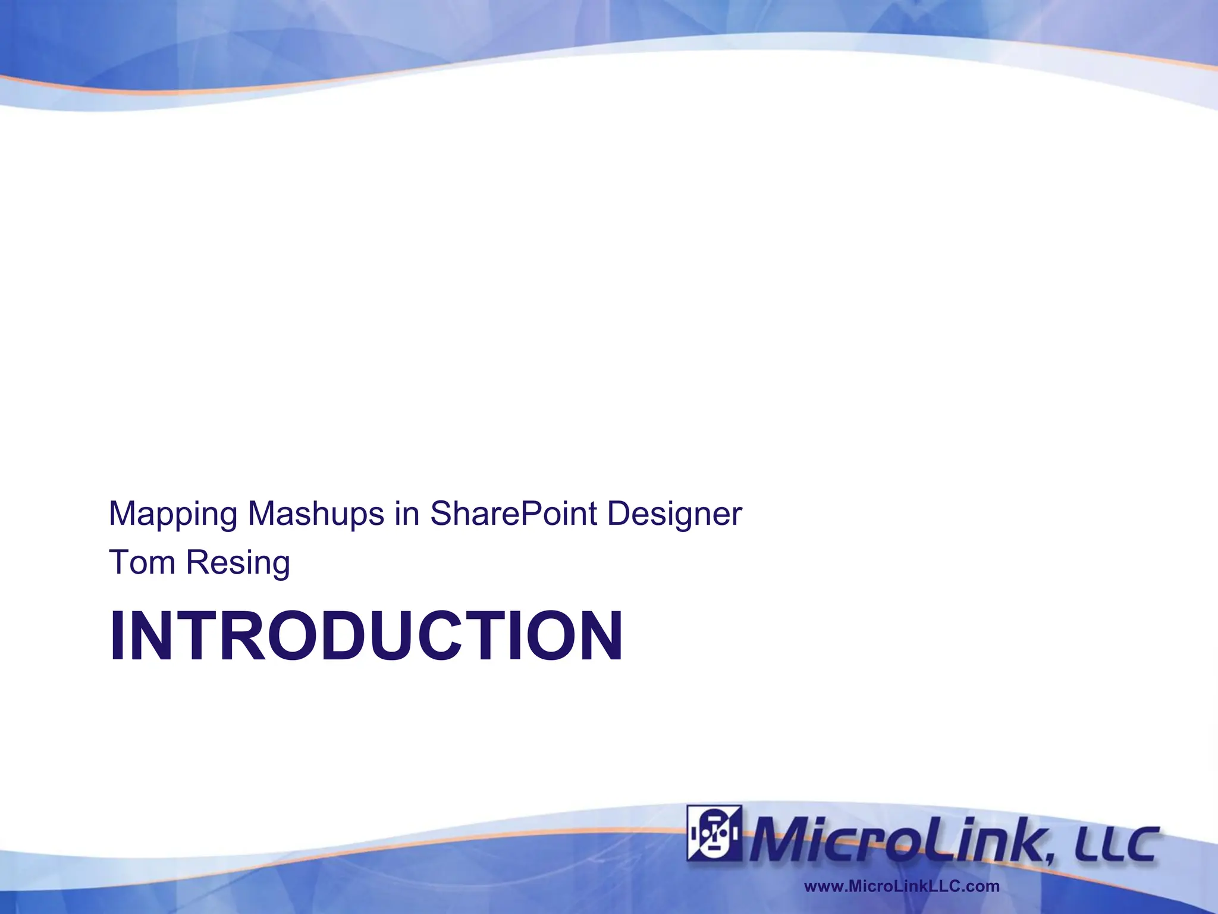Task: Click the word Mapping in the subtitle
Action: click(173, 514)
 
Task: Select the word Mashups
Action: click(316, 514)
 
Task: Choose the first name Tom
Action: click(142, 562)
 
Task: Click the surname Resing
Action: click(238, 564)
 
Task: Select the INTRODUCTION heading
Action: click(366, 636)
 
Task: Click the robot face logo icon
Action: click(714, 833)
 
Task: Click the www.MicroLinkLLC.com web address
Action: click(902, 887)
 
